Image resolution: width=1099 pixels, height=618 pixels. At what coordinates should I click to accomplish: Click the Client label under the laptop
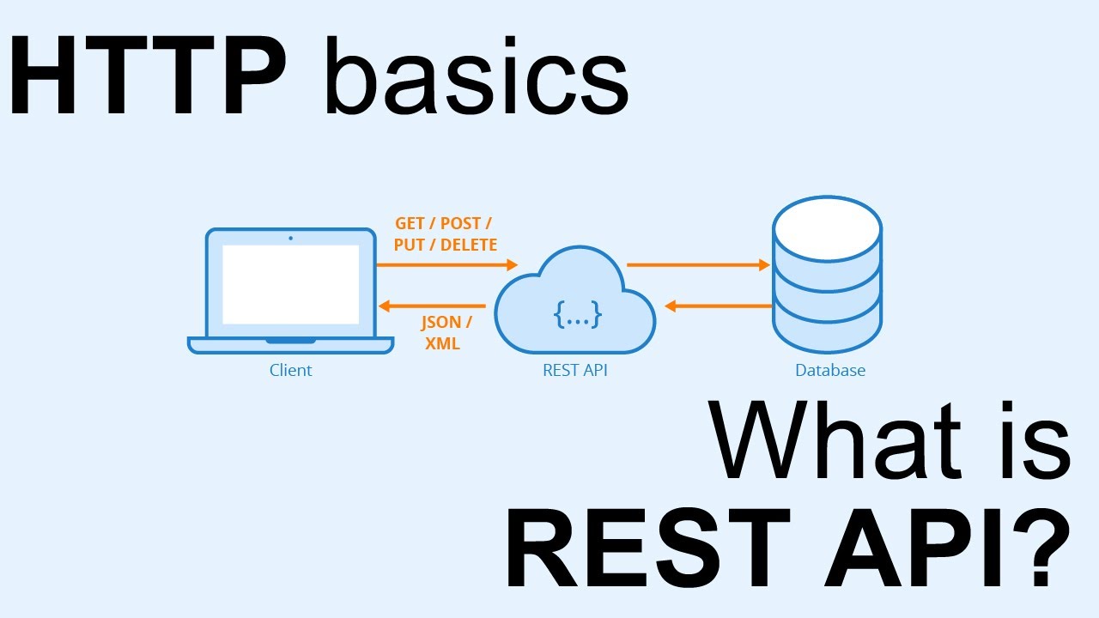pos(290,371)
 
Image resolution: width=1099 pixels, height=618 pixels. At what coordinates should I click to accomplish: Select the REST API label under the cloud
pos(575,371)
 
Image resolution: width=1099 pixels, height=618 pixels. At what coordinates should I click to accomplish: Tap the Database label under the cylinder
pos(829,371)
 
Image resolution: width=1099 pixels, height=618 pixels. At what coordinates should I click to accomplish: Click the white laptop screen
pos(290,284)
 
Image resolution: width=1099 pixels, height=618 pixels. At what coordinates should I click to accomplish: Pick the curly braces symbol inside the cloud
pos(577,316)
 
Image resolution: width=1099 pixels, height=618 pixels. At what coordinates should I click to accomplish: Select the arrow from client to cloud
pos(446,265)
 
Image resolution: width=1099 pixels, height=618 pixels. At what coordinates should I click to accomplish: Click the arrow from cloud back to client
pos(433,306)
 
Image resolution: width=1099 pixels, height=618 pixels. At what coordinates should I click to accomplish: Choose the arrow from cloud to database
pos(697,265)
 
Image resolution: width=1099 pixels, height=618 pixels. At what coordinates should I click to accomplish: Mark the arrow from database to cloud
pos(718,306)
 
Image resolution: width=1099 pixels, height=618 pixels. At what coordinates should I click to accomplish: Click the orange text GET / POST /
pos(443,223)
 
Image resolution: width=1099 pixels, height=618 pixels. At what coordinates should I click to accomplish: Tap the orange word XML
pos(442,344)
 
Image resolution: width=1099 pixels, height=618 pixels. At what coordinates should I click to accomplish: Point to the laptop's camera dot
pos(290,238)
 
